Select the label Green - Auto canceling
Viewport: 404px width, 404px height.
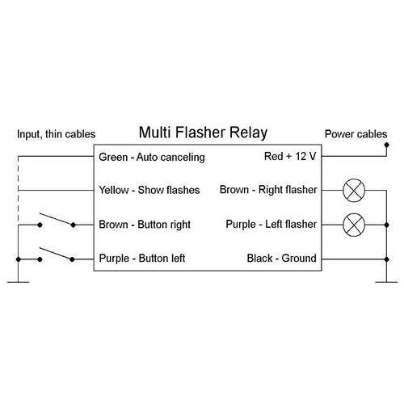151,157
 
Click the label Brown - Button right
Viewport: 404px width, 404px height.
145,225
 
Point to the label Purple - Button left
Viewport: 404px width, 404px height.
142,259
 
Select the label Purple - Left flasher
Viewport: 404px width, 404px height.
271,225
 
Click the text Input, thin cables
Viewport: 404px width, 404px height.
55,133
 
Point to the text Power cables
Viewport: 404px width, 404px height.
356,133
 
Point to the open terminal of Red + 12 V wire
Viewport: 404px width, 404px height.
386,148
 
